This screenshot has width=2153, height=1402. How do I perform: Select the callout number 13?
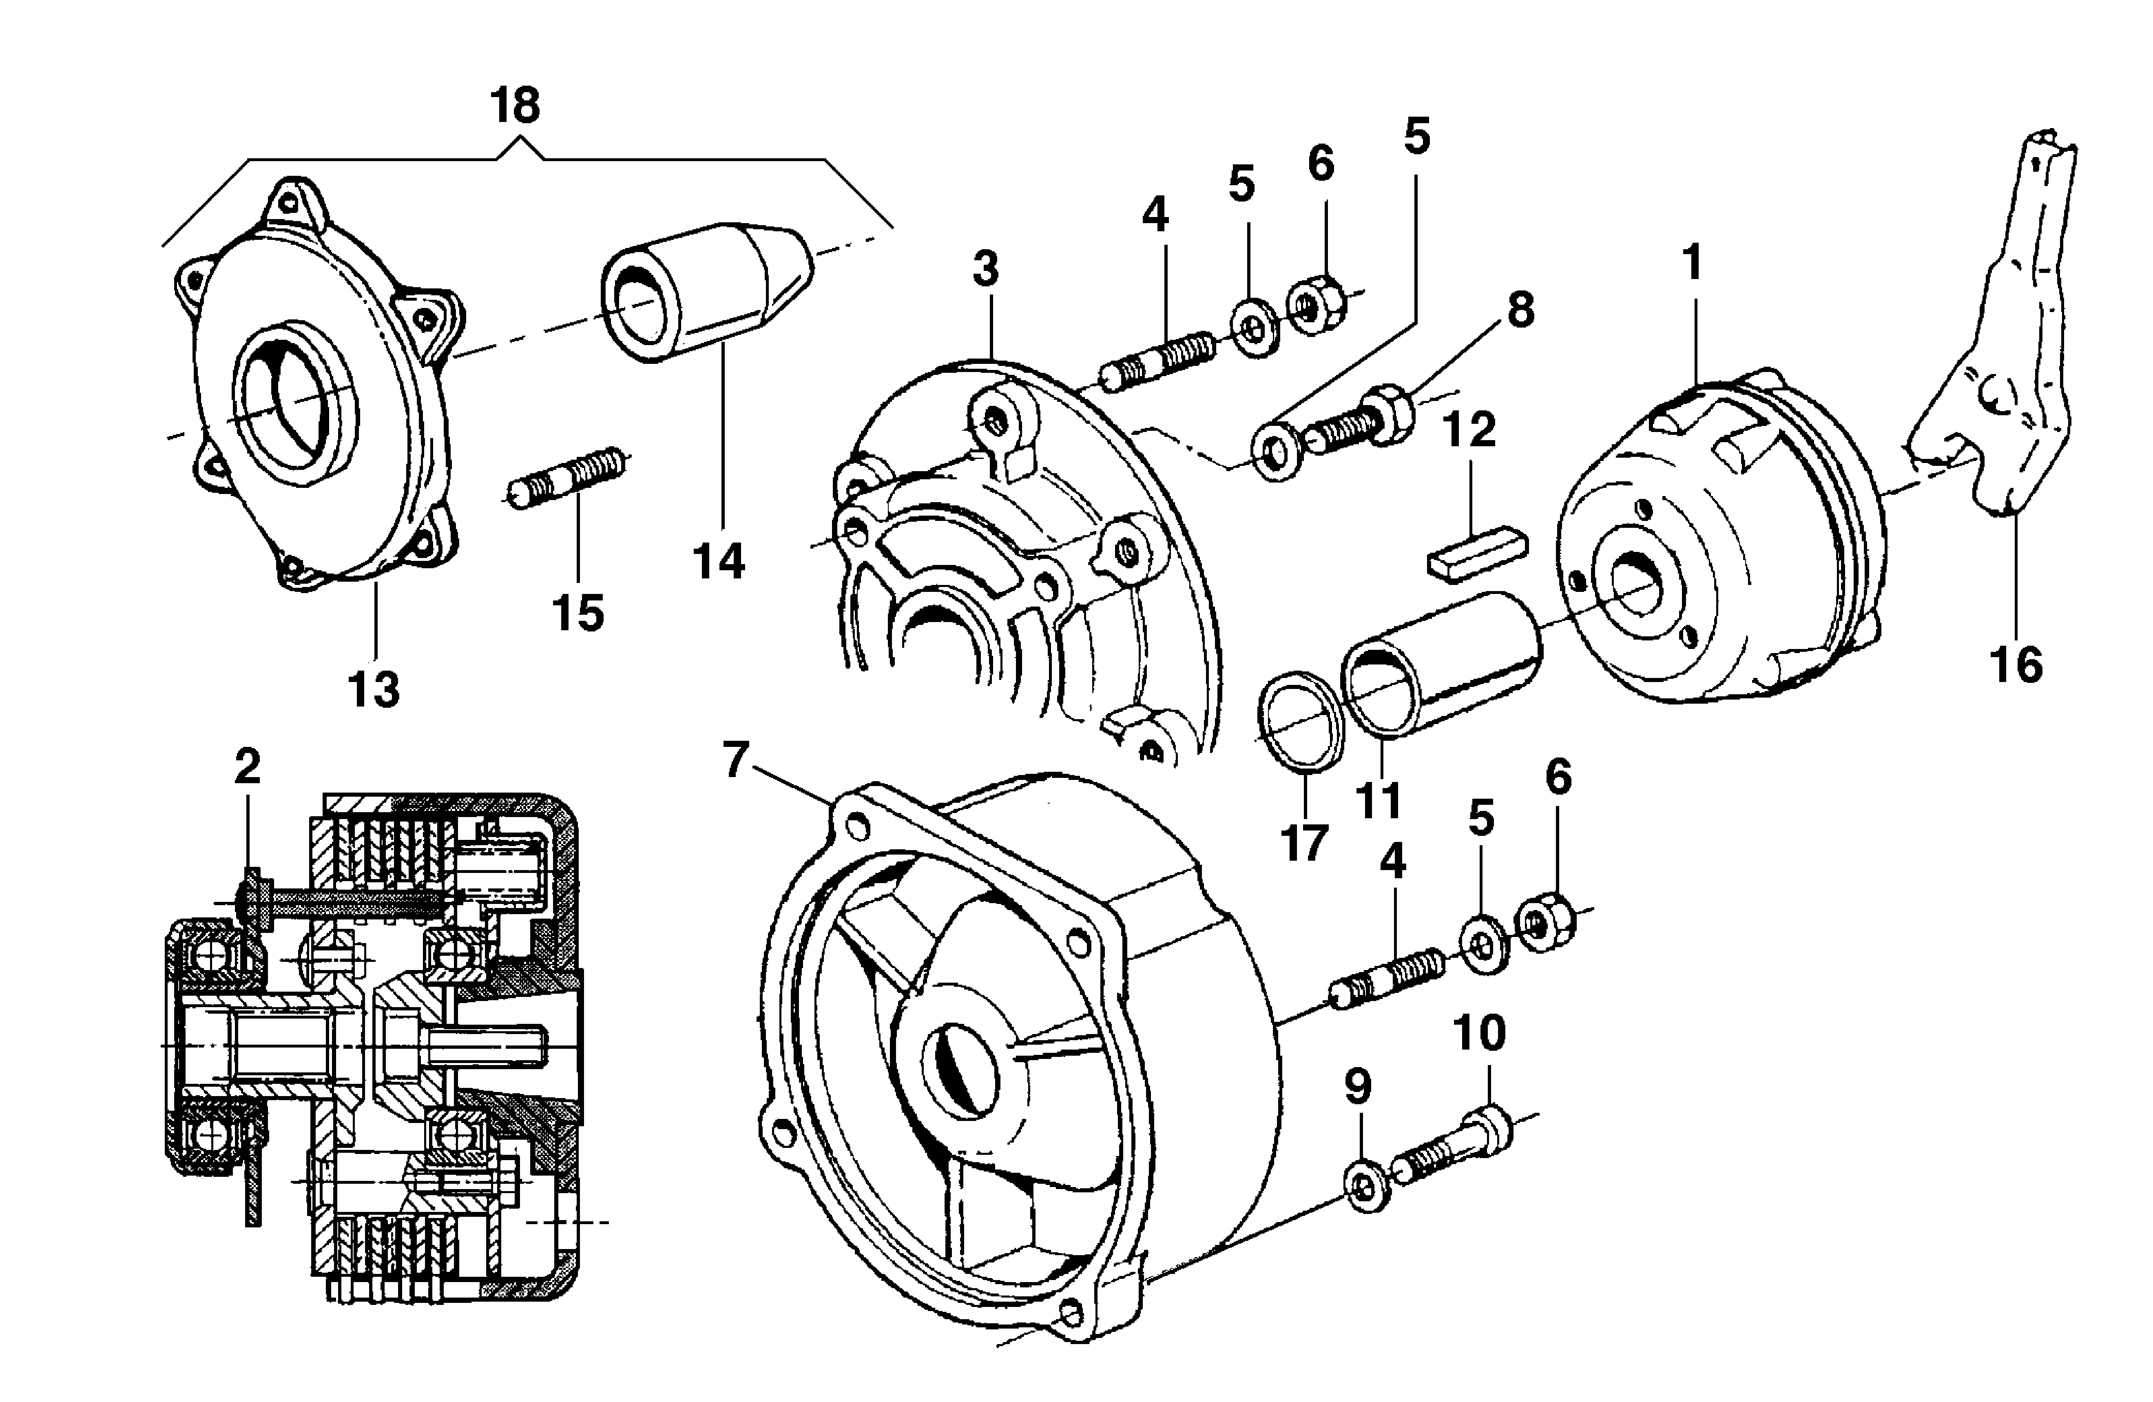pos(374,690)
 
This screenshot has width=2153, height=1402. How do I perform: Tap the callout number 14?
pos(719,562)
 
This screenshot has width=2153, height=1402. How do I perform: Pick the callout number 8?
pos(1521,310)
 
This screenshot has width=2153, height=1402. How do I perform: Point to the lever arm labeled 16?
pos(1999,362)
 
